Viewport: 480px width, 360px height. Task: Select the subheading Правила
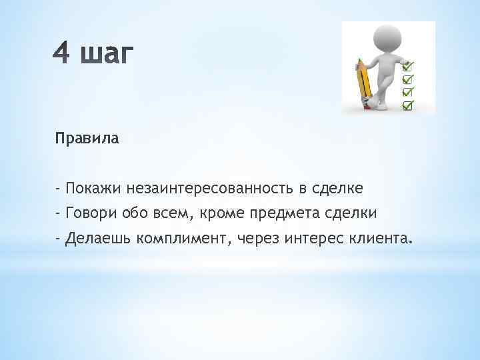(87, 139)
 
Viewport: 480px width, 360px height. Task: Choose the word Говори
(89, 213)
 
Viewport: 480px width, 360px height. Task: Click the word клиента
(375, 237)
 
